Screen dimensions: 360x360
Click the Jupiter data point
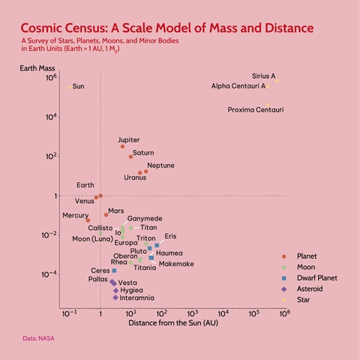(x=122, y=146)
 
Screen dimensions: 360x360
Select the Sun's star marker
(x=70, y=86)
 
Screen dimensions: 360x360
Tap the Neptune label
(x=160, y=165)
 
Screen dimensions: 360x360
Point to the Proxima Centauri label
(x=256, y=110)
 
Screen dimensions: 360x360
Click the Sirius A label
(x=263, y=76)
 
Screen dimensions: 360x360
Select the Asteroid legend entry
(x=310, y=288)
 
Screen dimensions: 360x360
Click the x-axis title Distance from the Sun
(x=172, y=322)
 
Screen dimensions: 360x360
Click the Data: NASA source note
(x=38, y=339)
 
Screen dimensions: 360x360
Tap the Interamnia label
(x=136, y=298)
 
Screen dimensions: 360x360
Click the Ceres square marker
(x=114, y=271)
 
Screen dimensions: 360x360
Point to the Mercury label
(x=75, y=215)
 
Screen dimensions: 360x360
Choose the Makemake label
(x=176, y=264)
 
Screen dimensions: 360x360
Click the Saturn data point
(x=130, y=157)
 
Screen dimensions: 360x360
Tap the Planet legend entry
(x=307, y=256)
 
